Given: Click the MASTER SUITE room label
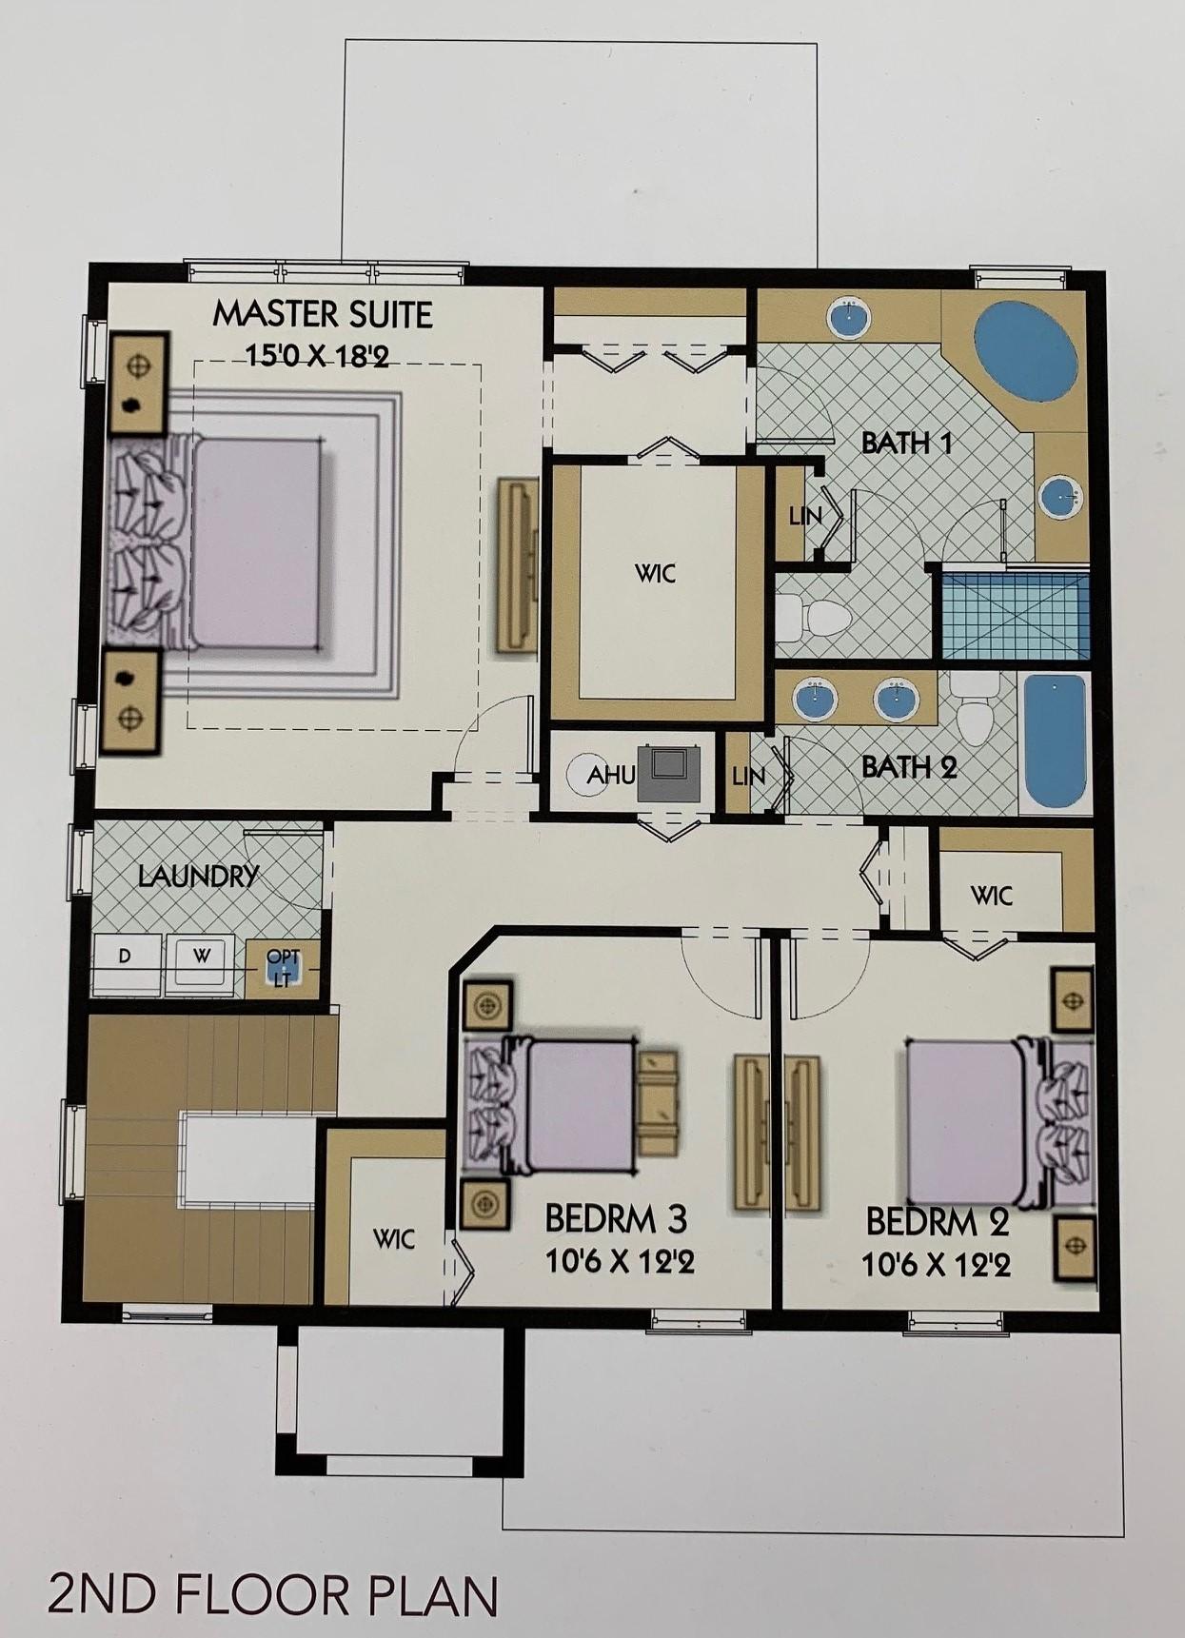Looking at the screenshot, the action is click(323, 314).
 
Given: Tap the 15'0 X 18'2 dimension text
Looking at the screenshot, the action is click(317, 356).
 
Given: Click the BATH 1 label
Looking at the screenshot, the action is click(906, 443).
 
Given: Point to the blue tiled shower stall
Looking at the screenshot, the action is click(1015, 614).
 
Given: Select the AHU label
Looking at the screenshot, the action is click(610, 775).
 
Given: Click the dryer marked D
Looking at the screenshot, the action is click(126, 963).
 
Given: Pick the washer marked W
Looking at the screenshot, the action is click(201, 963).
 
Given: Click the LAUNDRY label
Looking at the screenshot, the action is click(198, 876).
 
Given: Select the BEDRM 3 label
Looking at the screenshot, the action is click(616, 1218).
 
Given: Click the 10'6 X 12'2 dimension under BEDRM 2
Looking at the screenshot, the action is click(936, 1265).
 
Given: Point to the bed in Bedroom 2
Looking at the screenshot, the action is click(997, 1123).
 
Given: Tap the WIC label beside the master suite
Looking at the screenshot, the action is click(656, 573).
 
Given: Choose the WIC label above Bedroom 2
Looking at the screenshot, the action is click(992, 896).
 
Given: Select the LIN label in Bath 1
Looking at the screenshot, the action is click(805, 517).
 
